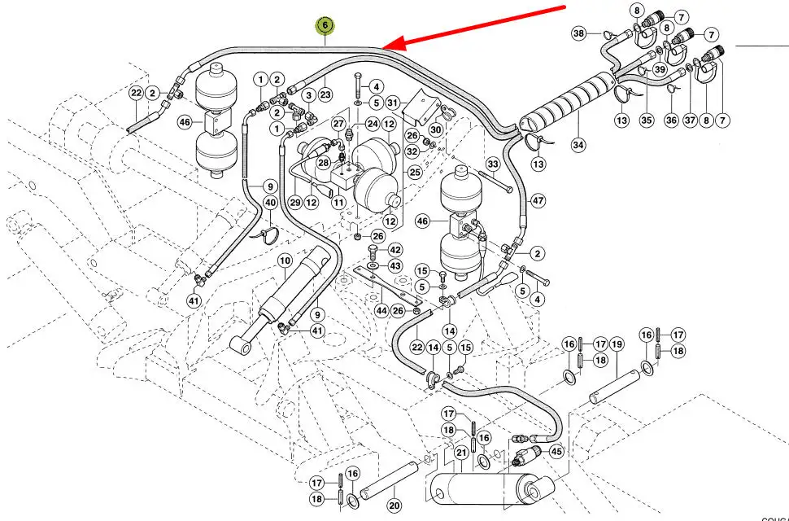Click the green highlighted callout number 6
(325, 26)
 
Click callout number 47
(538, 199)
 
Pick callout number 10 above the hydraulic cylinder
(285, 260)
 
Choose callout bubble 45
(556, 452)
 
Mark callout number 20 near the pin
(394, 506)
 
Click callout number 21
(461, 453)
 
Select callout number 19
(617, 344)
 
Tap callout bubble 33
(492, 164)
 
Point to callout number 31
(393, 103)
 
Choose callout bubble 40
(270, 203)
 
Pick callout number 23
(325, 94)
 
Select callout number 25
(414, 173)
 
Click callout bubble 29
(294, 202)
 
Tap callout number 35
(647, 120)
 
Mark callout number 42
(395, 250)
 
